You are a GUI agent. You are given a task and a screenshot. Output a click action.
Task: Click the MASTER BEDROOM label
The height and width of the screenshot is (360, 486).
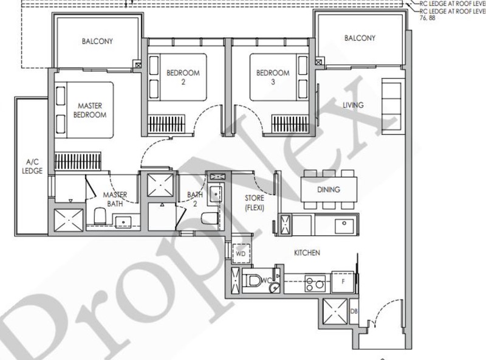click(x=90, y=109)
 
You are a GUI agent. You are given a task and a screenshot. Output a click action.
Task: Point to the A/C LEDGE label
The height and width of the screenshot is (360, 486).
click(x=33, y=167)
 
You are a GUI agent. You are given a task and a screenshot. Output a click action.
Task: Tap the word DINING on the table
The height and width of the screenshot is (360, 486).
click(x=329, y=190)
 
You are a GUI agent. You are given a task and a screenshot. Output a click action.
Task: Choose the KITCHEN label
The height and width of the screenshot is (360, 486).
click(x=307, y=252)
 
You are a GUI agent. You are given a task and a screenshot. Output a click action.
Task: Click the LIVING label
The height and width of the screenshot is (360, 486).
click(x=353, y=105)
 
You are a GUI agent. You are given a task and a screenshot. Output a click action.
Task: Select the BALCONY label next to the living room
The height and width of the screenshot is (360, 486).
click(x=360, y=38)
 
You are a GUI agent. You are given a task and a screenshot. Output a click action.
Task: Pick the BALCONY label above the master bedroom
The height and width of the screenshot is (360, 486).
click(x=98, y=42)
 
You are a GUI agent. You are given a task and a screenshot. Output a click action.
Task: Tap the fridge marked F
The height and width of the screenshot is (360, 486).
click(x=343, y=282)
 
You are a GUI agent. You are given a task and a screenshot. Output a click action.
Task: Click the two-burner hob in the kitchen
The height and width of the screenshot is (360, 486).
click(x=315, y=283)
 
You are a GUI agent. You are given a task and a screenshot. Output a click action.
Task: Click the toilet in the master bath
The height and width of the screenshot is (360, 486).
click(x=99, y=216)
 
